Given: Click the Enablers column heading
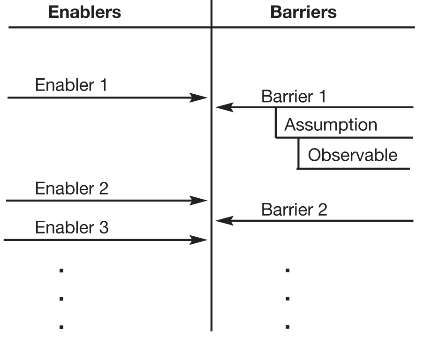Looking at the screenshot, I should [84, 12].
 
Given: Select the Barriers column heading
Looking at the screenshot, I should [303, 12].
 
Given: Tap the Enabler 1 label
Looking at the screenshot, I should [71, 85].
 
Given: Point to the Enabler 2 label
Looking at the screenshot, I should [71, 188].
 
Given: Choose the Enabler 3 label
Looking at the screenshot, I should [71, 228].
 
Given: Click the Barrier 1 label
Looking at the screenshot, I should [293, 97].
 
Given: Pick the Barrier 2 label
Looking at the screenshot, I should [294, 210].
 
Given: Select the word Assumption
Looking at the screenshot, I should [331, 125].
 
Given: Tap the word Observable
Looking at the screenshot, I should [352, 155].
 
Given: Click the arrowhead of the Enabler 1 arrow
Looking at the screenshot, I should [199, 97].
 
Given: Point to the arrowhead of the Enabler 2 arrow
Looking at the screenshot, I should [199, 201].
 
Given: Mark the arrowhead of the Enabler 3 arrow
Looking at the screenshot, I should [199, 240].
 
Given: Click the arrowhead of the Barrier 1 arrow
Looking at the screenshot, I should [224, 107].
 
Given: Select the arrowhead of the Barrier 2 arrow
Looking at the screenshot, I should [224, 220].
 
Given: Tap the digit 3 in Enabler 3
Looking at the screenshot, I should [104, 228].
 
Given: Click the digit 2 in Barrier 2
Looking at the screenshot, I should [322, 210].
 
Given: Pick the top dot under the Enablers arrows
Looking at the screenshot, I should [61, 270].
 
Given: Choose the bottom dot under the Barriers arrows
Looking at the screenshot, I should [288, 327].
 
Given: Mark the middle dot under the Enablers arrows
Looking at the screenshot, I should [61, 299].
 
